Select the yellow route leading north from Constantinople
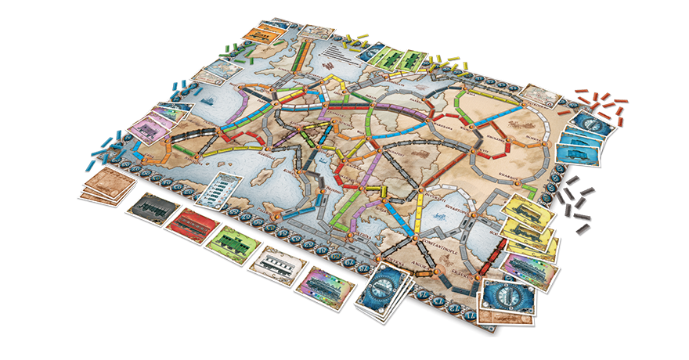(419, 216)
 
